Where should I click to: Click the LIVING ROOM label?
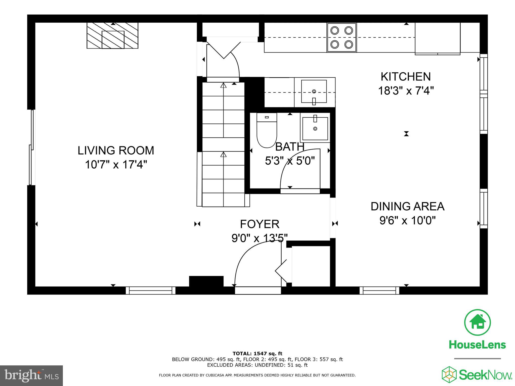(x=116, y=151)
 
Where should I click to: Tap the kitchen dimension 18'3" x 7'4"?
(x=406, y=91)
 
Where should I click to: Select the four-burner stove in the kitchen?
(x=341, y=37)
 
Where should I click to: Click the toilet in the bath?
(x=267, y=131)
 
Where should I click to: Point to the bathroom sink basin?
(x=315, y=128)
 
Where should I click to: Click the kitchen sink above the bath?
(x=314, y=91)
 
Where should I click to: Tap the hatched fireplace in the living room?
(x=112, y=36)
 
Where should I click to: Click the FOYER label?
(x=260, y=224)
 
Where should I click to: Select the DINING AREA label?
(x=407, y=206)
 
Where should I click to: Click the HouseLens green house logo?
(x=477, y=322)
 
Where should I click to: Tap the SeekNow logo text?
(x=485, y=375)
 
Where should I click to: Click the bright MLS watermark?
(x=31, y=376)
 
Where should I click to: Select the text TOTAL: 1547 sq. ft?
(x=257, y=354)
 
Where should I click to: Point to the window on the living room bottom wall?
(x=150, y=290)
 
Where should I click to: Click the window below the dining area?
(x=379, y=290)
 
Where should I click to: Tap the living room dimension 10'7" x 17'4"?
(x=116, y=165)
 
